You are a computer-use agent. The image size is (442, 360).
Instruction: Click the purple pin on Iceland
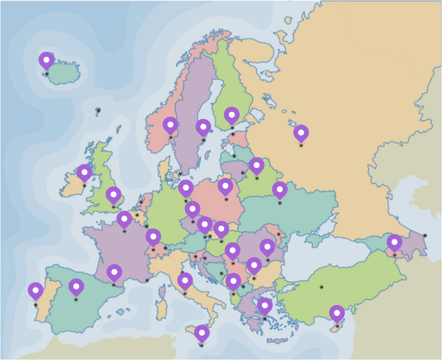tap(46, 60)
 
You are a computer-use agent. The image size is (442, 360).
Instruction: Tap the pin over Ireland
tap(84, 172)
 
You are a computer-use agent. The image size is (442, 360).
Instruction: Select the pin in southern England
tap(113, 194)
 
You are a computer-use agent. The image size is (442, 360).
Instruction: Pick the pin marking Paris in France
tap(124, 219)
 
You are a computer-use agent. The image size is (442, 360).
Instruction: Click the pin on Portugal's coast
tap(35, 290)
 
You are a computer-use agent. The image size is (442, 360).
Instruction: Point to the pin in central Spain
tap(76, 287)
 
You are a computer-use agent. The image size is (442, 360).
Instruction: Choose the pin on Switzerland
tap(153, 237)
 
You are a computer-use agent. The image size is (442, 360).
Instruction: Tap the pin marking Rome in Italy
tap(185, 280)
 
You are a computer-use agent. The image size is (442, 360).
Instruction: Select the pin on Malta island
tap(202, 333)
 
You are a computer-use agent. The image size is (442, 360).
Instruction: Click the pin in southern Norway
tap(170, 125)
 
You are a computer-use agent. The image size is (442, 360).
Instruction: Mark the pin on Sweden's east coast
tap(203, 127)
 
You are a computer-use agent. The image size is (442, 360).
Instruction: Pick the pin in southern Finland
tap(231, 115)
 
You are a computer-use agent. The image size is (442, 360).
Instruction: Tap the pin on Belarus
tap(256, 165)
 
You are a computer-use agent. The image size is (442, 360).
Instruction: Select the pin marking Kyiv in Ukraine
tap(280, 189)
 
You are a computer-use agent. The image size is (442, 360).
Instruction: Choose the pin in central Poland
tap(225, 186)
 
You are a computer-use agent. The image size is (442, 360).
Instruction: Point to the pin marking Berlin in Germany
tap(186, 188)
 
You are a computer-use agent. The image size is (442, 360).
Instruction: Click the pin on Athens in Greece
tap(265, 305)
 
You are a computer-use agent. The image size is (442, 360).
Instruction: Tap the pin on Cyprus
tap(337, 313)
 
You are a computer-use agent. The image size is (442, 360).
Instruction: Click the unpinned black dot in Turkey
tap(321, 287)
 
